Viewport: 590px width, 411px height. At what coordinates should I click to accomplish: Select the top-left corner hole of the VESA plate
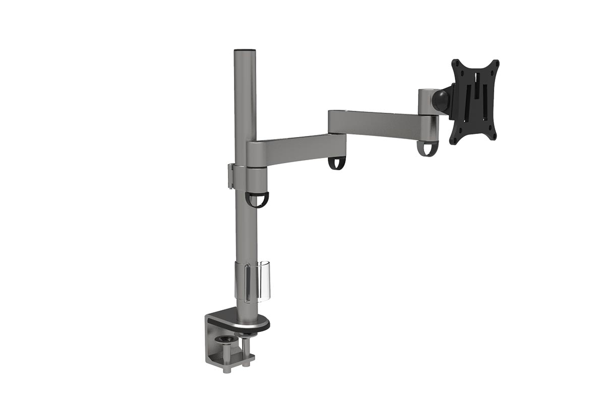tap(456, 63)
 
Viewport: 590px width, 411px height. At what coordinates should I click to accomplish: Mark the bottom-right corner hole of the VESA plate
tap(492, 136)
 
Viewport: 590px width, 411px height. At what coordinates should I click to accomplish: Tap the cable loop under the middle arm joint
tap(336, 163)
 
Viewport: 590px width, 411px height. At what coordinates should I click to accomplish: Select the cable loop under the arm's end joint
tap(427, 148)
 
